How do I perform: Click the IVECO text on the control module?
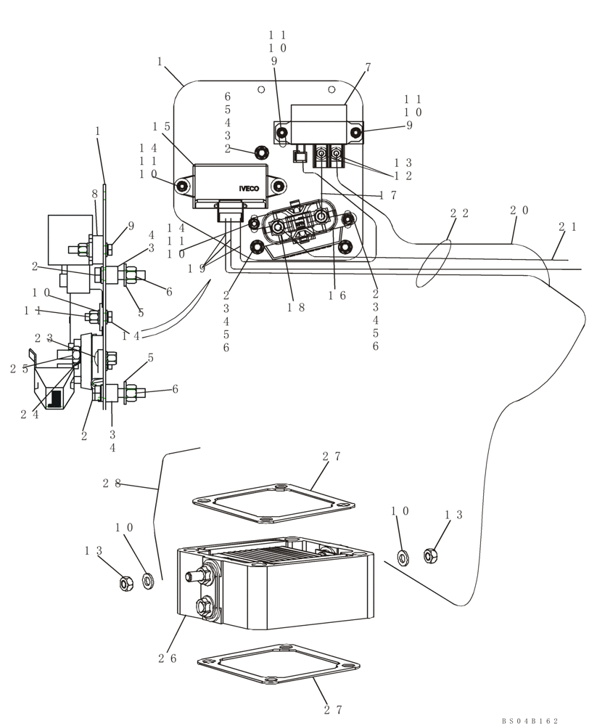tap(249, 189)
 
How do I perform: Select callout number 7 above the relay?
tap(368, 68)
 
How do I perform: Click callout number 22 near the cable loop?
tap(458, 213)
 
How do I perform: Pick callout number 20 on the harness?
tap(519, 211)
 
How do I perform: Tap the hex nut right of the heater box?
tap(430, 556)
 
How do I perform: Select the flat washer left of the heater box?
tap(149, 581)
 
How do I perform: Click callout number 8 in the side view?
tap(94, 195)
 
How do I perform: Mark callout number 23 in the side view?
tap(43, 338)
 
